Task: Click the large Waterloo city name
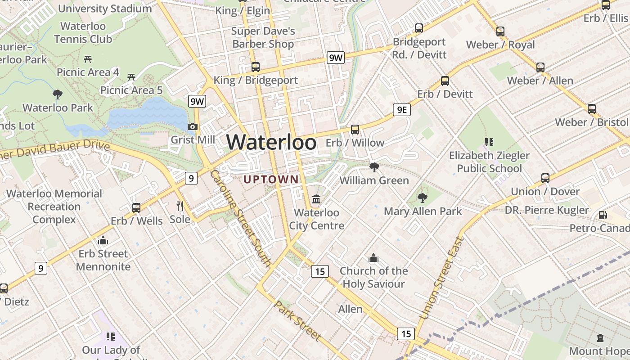coord(271,142)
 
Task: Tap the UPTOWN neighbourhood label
coord(271,180)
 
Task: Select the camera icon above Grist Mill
coord(193,127)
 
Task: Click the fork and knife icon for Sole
coord(180,206)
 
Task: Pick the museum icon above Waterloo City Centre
coord(316,199)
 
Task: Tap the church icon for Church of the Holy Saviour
coord(373,258)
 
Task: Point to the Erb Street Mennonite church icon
coord(103,240)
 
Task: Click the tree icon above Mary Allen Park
coord(422,198)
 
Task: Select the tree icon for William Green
coord(374,167)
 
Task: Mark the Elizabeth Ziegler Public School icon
coord(489,142)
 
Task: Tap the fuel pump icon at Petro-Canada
coord(603,215)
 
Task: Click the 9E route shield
coord(401,110)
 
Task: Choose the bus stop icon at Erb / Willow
coord(355,130)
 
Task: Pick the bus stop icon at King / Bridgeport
coord(256,67)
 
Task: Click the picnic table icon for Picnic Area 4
coord(88,59)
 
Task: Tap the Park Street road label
coord(298,321)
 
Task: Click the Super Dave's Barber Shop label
coord(263,37)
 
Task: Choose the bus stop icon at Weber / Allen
coord(540,67)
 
